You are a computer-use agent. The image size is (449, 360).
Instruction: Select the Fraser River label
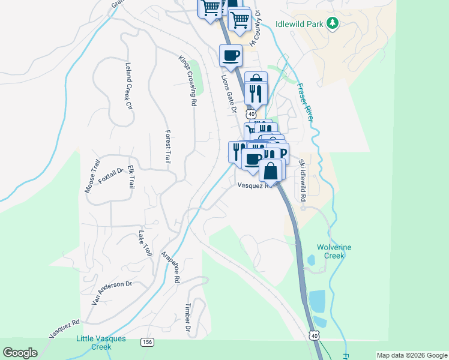305,102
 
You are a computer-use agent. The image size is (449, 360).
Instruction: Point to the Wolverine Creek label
334,251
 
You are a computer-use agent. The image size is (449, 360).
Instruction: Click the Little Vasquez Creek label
101,343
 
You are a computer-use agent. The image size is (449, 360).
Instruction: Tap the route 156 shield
147,342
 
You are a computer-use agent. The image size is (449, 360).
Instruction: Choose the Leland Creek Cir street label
128,86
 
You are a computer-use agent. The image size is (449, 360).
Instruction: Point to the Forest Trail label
167,147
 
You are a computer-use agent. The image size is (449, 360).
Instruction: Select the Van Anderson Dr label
112,293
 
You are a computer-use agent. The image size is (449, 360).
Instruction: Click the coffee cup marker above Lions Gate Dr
231,56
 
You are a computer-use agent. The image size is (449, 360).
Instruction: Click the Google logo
20,353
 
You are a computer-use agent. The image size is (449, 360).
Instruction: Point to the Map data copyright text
412,355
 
